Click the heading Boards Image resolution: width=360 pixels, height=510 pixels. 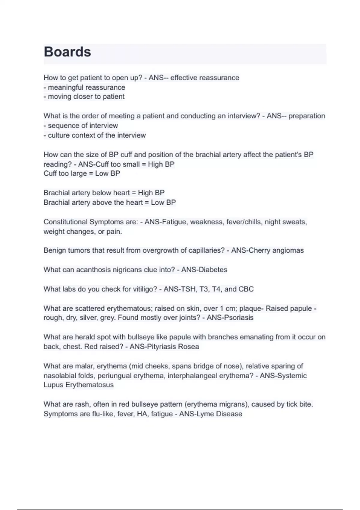tap(67, 52)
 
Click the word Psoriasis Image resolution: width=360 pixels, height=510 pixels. tap(238, 318)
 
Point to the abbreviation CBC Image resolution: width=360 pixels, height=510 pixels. tap(246, 289)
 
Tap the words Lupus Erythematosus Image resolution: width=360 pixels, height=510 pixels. tap(79, 385)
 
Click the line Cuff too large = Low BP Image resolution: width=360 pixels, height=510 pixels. tap(82, 173)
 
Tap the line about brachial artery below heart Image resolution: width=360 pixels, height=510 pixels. tap(104, 193)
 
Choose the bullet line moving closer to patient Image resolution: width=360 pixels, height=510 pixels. tap(84, 97)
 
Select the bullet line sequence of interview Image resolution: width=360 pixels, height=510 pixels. tap(81, 126)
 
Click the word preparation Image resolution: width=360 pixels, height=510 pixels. tap(307, 116)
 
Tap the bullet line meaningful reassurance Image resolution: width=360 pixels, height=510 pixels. tap(85, 88)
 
